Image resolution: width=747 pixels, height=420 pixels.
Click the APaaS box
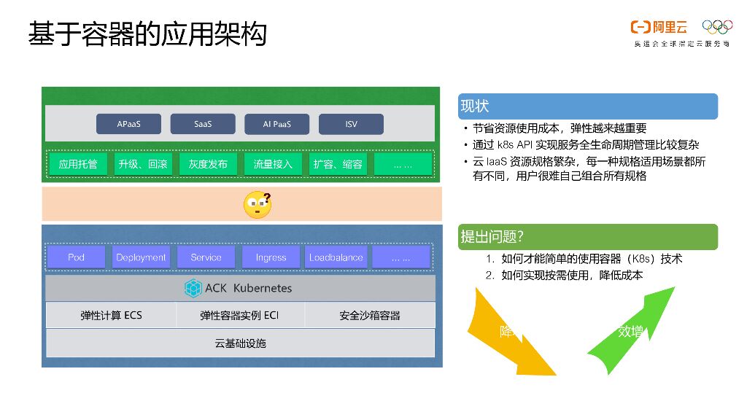[x=129, y=124]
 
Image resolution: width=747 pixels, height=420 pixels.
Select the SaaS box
[x=203, y=124]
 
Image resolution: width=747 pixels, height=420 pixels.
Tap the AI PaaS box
[x=276, y=124]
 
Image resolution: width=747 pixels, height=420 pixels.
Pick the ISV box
[x=351, y=124]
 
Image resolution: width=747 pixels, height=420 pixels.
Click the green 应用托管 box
[x=78, y=164]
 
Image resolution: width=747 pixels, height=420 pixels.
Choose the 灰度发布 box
[x=208, y=164]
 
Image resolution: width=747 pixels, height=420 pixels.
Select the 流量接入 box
[x=273, y=164]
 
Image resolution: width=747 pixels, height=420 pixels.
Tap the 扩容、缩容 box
[x=338, y=164]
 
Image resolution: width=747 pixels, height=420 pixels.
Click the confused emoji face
[x=257, y=205]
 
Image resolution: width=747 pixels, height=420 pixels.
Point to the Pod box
[x=77, y=257]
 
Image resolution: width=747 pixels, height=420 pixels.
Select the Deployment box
[x=141, y=257]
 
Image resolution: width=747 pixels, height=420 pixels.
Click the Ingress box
[x=271, y=257]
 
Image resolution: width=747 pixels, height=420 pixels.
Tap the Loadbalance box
[x=336, y=257]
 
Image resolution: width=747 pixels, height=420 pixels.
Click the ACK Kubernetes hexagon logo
[x=193, y=288]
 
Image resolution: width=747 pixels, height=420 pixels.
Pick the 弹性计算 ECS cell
[x=111, y=316]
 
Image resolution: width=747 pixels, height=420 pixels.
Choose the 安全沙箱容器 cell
[x=370, y=316]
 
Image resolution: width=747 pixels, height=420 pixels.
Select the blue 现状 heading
[x=587, y=106]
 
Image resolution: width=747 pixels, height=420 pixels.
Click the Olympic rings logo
[x=717, y=27]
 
